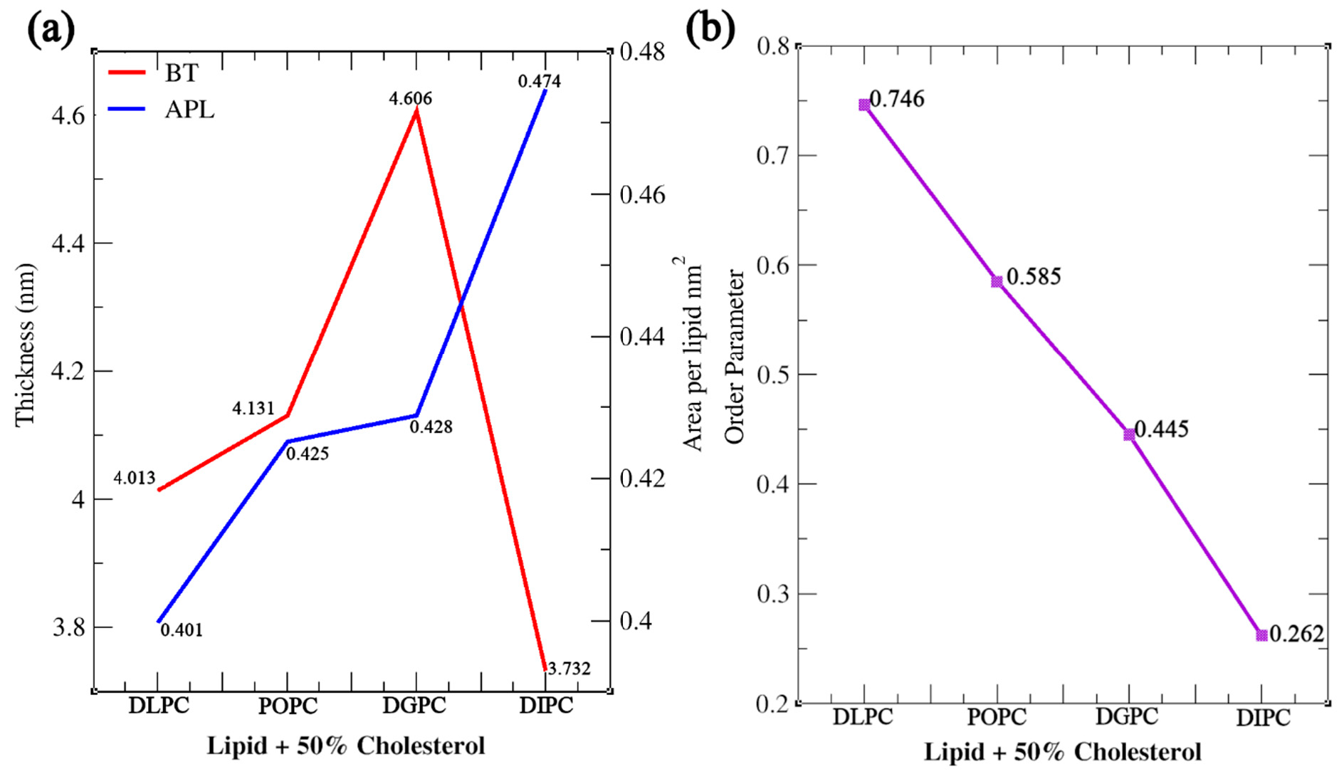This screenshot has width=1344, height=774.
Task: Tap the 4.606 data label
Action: pyautogui.click(x=410, y=98)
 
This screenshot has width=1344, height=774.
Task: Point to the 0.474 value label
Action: pyautogui.click(x=539, y=81)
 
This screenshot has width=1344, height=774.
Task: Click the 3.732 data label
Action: pyautogui.click(x=569, y=668)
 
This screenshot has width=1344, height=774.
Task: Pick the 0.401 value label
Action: pyautogui.click(x=182, y=629)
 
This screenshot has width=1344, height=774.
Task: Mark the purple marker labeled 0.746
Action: pyautogui.click(x=864, y=105)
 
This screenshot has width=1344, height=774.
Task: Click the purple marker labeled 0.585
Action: pyautogui.click(x=997, y=281)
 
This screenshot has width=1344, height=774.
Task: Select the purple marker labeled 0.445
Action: pyautogui.click(x=1129, y=434)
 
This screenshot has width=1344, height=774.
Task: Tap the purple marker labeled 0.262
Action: pyautogui.click(x=1261, y=635)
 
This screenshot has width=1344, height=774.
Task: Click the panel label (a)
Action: pyautogui.click(x=51, y=30)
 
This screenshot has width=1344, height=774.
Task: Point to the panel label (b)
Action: pyautogui.click(x=710, y=30)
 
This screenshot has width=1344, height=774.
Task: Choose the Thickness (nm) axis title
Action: pyautogui.click(x=25, y=345)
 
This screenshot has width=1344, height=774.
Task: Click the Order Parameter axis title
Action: pyautogui.click(x=734, y=356)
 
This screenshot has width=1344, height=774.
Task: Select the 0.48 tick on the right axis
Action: pyautogui.click(x=642, y=51)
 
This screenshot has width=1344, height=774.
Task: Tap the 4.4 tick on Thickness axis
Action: pyautogui.click(x=68, y=244)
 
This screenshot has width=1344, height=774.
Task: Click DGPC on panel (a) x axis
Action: pyautogui.click(x=414, y=706)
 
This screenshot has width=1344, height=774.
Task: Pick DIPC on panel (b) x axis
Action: pyautogui.click(x=1263, y=717)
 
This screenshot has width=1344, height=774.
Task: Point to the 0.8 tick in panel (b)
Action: pyautogui.click(x=772, y=46)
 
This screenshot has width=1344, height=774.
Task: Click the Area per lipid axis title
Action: pyautogui.click(x=693, y=356)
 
